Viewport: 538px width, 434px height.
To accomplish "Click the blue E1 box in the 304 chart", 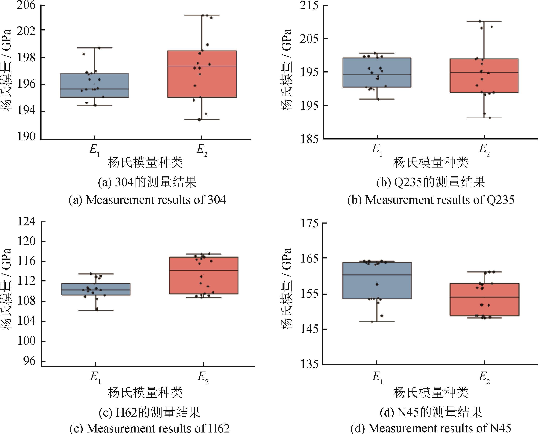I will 94,85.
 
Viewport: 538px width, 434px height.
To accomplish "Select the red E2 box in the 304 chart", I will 202,74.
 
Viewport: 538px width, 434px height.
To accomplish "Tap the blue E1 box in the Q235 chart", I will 377,72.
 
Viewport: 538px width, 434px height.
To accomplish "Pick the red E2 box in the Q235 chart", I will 484,76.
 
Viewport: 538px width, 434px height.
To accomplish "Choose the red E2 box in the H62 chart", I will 204,275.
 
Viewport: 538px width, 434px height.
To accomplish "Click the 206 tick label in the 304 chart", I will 26,5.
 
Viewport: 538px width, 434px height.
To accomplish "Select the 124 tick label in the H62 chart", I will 26,222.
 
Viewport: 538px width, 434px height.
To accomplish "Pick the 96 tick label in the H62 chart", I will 30,362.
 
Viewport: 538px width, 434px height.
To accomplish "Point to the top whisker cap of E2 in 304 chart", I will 202,15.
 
